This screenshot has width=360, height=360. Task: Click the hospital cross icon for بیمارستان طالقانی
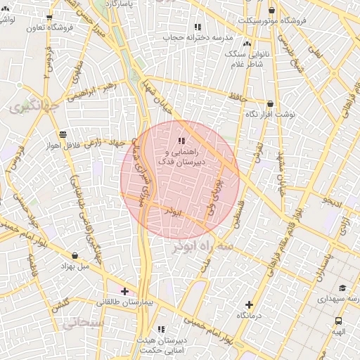(x=124, y=291)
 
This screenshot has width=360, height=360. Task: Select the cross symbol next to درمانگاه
(x=249, y=304)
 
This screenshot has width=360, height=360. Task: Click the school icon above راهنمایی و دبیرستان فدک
(x=181, y=141)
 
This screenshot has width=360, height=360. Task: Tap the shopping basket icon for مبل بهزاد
(x=75, y=255)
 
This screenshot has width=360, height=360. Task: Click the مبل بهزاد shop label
(x=75, y=266)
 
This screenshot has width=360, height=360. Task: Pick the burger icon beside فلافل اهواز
(x=63, y=134)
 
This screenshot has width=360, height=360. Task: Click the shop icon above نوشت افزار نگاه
(x=269, y=103)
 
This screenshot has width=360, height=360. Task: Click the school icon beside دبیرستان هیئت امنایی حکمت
(x=161, y=328)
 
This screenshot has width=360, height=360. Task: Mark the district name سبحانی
(x=83, y=324)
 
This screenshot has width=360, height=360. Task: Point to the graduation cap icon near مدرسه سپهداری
(x=342, y=288)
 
